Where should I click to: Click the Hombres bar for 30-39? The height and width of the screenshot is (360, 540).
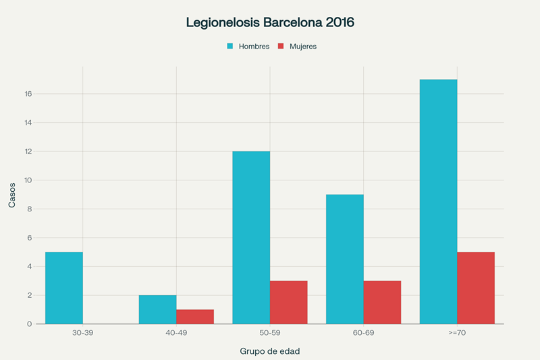coord(64,288)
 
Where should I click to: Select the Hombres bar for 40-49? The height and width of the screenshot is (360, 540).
coord(157,309)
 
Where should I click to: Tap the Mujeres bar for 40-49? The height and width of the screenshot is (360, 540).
coord(195,317)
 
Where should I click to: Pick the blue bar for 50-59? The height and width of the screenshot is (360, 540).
coord(251,238)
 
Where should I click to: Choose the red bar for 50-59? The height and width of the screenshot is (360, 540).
coord(289,303)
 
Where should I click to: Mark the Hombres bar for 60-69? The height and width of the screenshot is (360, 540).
coord(345,259)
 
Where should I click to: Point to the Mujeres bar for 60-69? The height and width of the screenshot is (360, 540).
coord(383,303)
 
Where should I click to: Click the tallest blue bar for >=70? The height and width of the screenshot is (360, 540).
coord(438,202)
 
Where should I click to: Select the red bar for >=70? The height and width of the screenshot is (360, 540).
coord(476,288)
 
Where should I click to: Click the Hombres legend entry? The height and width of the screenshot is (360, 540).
coord(248,47)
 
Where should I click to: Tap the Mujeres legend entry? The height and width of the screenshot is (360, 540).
coord(297,47)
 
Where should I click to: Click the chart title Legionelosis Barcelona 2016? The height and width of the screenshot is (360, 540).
coord(270,22)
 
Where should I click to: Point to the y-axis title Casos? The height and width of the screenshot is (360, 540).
coord(12,195)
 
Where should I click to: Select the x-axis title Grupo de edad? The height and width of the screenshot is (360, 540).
coord(270,351)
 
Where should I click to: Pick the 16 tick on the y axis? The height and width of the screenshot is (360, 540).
coord(28,94)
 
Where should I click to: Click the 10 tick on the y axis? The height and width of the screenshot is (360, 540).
coord(28,180)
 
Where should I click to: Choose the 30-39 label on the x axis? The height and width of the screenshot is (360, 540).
coord(83,333)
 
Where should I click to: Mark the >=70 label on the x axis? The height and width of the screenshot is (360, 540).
coord(457,333)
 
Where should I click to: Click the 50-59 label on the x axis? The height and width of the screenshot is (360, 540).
coord(270,333)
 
